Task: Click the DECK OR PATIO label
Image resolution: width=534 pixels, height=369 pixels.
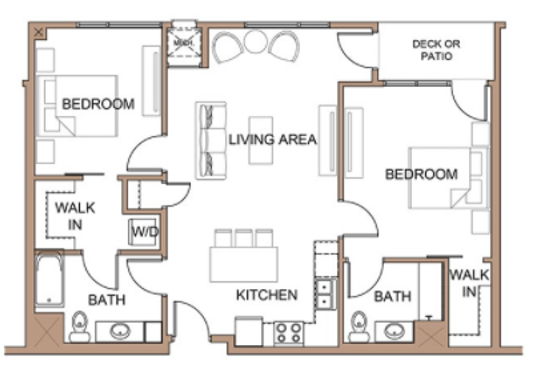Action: click(x=436, y=50)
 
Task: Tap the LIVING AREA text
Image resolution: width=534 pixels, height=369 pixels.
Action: click(x=272, y=139)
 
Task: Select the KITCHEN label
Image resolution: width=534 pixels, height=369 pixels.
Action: click(x=267, y=295)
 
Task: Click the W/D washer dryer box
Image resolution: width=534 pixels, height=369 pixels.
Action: click(x=144, y=232)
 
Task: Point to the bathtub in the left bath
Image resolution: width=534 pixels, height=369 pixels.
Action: click(x=49, y=279)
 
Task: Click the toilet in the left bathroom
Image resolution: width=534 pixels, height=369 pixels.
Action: click(x=80, y=326)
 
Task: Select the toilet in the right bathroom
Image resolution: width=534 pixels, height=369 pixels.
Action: click(x=359, y=326)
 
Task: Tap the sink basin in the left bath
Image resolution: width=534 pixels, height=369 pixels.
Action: click(x=120, y=331)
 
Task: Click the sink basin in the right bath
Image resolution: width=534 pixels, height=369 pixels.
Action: click(x=394, y=331)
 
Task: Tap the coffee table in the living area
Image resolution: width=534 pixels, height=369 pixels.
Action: click(x=261, y=140)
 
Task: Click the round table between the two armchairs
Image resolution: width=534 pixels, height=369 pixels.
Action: click(x=256, y=42)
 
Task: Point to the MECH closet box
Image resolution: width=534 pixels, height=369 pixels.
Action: click(x=183, y=44)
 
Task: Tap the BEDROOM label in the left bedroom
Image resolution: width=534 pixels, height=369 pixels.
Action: click(x=98, y=104)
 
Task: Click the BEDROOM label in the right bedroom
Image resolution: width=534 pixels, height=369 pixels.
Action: click(x=421, y=174)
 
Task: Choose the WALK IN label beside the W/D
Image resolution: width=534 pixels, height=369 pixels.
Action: click(x=75, y=216)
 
